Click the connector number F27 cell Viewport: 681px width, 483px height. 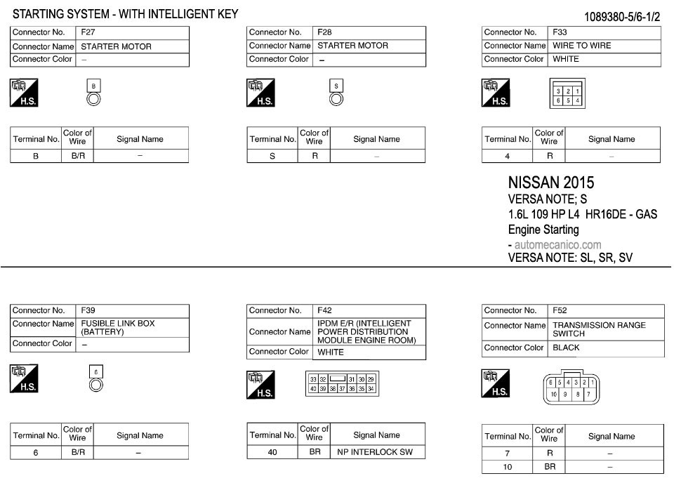pyautogui.click(x=88, y=32)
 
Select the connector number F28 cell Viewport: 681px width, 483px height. pyautogui.click(x=324, y=32)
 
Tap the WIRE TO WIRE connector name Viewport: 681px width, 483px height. pyautogui.click(x=582, y=46)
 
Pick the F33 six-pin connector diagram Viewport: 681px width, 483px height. pyautogui.click(x=567, y=95)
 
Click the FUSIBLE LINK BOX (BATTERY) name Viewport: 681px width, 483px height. pyautogui.click(x=118, y=328)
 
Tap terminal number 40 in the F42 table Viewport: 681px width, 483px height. pyautogui.click(x=272, y=452)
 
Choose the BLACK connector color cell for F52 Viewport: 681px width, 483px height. pyautogui.click(x=566, y=348)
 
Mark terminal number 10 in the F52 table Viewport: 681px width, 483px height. pyautogui.click(x=508, y=466)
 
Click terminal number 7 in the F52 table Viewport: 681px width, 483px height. pyautogui.click(x=508, y=454)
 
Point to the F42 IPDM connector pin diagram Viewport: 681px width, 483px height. pyautogui.click(x=342, y=384)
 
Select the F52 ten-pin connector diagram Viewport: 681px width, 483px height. pyautogui.click(x=570, y=388)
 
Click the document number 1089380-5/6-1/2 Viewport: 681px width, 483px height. pyautogui.click(x=622, y=17)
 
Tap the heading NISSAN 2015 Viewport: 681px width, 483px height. pyautogui.click(x=551, y=183)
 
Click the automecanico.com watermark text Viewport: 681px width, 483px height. pyautogui.click(x=557, y=245)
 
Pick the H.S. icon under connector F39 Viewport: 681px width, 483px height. pyautogui.click(x=25, y=378)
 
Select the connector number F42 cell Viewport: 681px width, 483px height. pyautogui.click(x=324, y=310)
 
